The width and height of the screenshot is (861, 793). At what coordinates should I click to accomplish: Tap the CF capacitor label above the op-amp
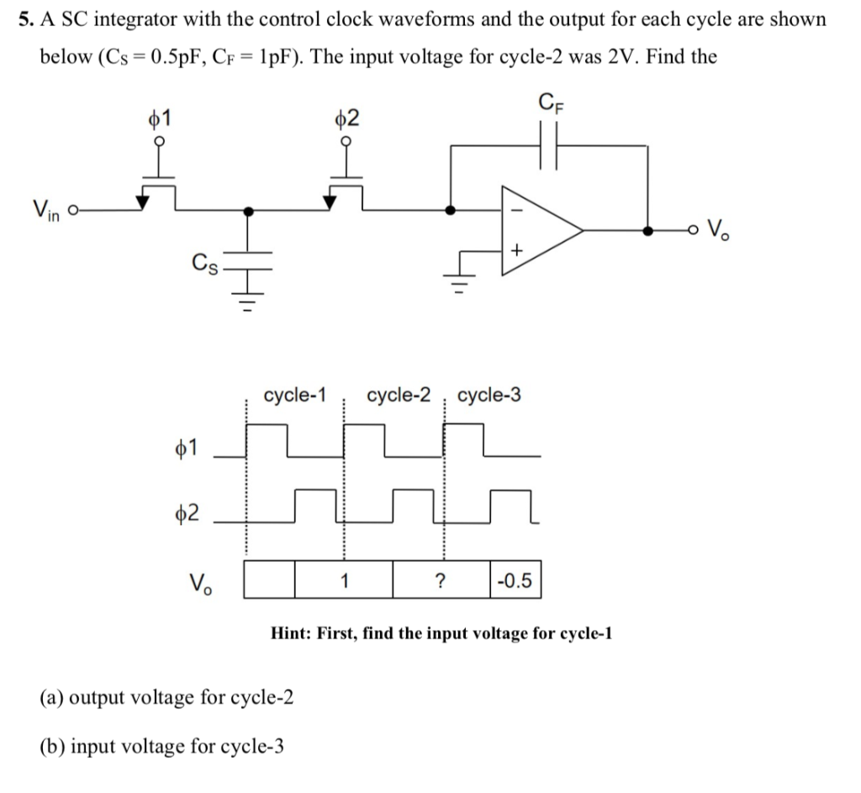pyautogui.click(x=549, y=107)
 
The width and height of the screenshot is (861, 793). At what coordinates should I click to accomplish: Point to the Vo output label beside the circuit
pyautogui.click(x=720, y=228)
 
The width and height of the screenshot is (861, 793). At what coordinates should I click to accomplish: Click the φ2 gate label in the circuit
pyautogui.click(x=346, y=117)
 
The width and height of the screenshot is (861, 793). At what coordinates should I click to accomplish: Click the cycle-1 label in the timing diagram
pyautogui.click(x=294, y=395)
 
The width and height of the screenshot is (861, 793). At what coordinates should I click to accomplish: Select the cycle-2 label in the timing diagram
pyautogui.click(x=399, y=395)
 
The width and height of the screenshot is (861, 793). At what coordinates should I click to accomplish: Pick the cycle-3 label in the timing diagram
pyautogui.click(x=489, y=395)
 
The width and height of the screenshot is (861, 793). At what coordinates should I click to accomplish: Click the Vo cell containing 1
pyautogui.click(x=343, y=580)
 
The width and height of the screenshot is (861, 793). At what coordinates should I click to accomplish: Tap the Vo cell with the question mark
pyautogui.click(x=440, y=580)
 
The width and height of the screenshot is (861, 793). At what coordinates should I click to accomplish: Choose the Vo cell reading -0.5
pyautogui.click(x=515, y=580)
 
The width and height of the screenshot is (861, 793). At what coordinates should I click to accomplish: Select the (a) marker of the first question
pyautogui.click(x=52, y=697)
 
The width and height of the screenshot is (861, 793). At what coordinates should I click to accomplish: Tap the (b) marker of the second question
pyautogui.click(x=52, y=746)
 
